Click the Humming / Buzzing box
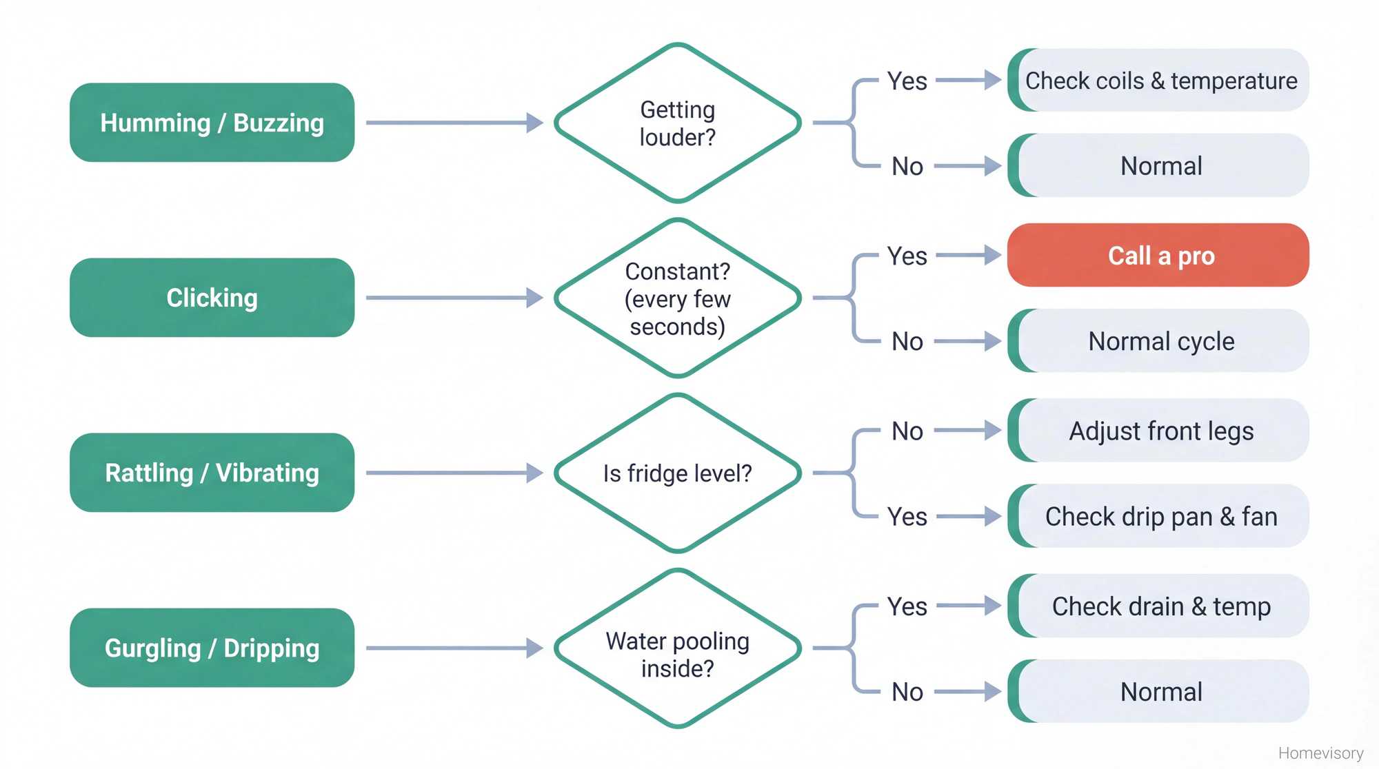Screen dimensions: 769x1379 point(212,123)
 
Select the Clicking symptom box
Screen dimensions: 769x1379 point(212,298)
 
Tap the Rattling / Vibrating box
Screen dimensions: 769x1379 point(212,473)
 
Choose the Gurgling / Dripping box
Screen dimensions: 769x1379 point(212,648)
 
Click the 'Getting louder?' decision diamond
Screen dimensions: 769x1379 point(677,123)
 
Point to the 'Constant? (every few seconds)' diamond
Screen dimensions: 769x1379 point(677,298)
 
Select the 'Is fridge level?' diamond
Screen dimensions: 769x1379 point(677,473)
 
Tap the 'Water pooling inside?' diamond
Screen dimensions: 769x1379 point(677,648)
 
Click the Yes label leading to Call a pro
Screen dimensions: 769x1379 point(907,256)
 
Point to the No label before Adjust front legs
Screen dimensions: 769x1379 point(907,431)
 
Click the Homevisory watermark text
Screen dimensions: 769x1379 point(1320,752)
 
